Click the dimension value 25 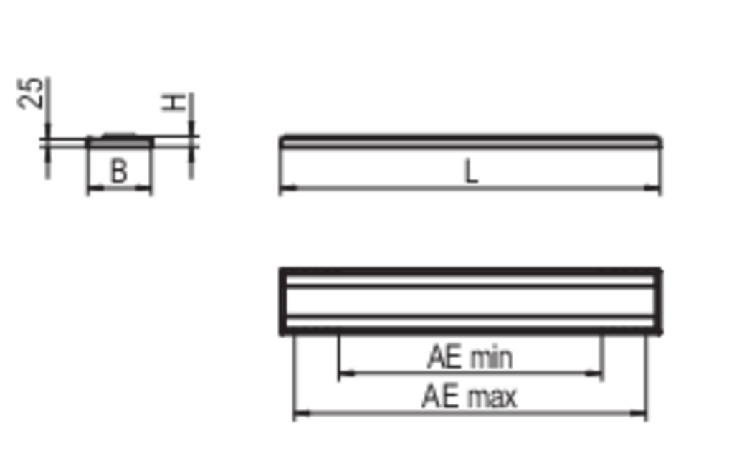point(30,94)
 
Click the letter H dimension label point(173,103)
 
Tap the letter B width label point(118,171)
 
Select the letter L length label point(471,171)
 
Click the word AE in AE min point(444,357)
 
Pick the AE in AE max point(439,396)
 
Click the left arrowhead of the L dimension point(288,188)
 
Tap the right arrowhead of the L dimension point(652,188)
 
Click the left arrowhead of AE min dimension point(347,374)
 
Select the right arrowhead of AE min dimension point(594,374)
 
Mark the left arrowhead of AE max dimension point(302,413)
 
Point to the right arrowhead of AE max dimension point(638,413)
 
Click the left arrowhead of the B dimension point(95,188)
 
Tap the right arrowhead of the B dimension point(143,188)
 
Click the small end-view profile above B point(120,141)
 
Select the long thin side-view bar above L point(470,141)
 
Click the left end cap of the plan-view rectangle point(282,302)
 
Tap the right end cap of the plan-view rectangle point(658,302)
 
